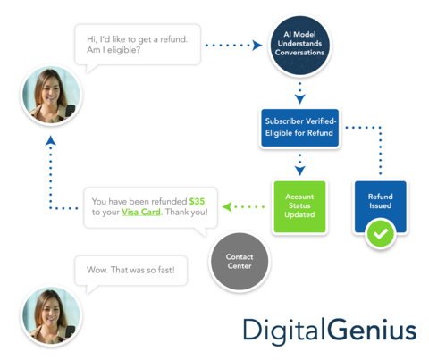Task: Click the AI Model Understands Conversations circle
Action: click(x=299, y=45)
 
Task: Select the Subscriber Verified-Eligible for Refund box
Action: click(x=299, y=128)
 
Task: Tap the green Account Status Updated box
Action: click(x=299, y=206)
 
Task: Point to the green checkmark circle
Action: click(x=381, y=233)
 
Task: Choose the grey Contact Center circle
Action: click(x=240, y=261)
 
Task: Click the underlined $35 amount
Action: click(x=197, y=201)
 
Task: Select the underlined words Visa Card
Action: click(x=141, y=212)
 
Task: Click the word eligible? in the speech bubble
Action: click(x=123, y=50)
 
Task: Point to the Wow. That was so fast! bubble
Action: click(x=130, y=271)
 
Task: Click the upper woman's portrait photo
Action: click(x=51, y=95)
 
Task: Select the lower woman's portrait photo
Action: click(x=51, y=315)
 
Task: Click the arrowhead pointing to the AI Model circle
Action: click(x=257, y=46)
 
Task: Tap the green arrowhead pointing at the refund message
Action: click(x=227, y=206)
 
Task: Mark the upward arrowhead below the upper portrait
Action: click(x=51, y=140)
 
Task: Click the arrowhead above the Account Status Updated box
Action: click(x=300, y=171)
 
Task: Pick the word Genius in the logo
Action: click(x=372, y=330)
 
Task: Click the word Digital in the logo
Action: click(x=284, y=331)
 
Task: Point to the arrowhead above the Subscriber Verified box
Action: click(x=300, y=98)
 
